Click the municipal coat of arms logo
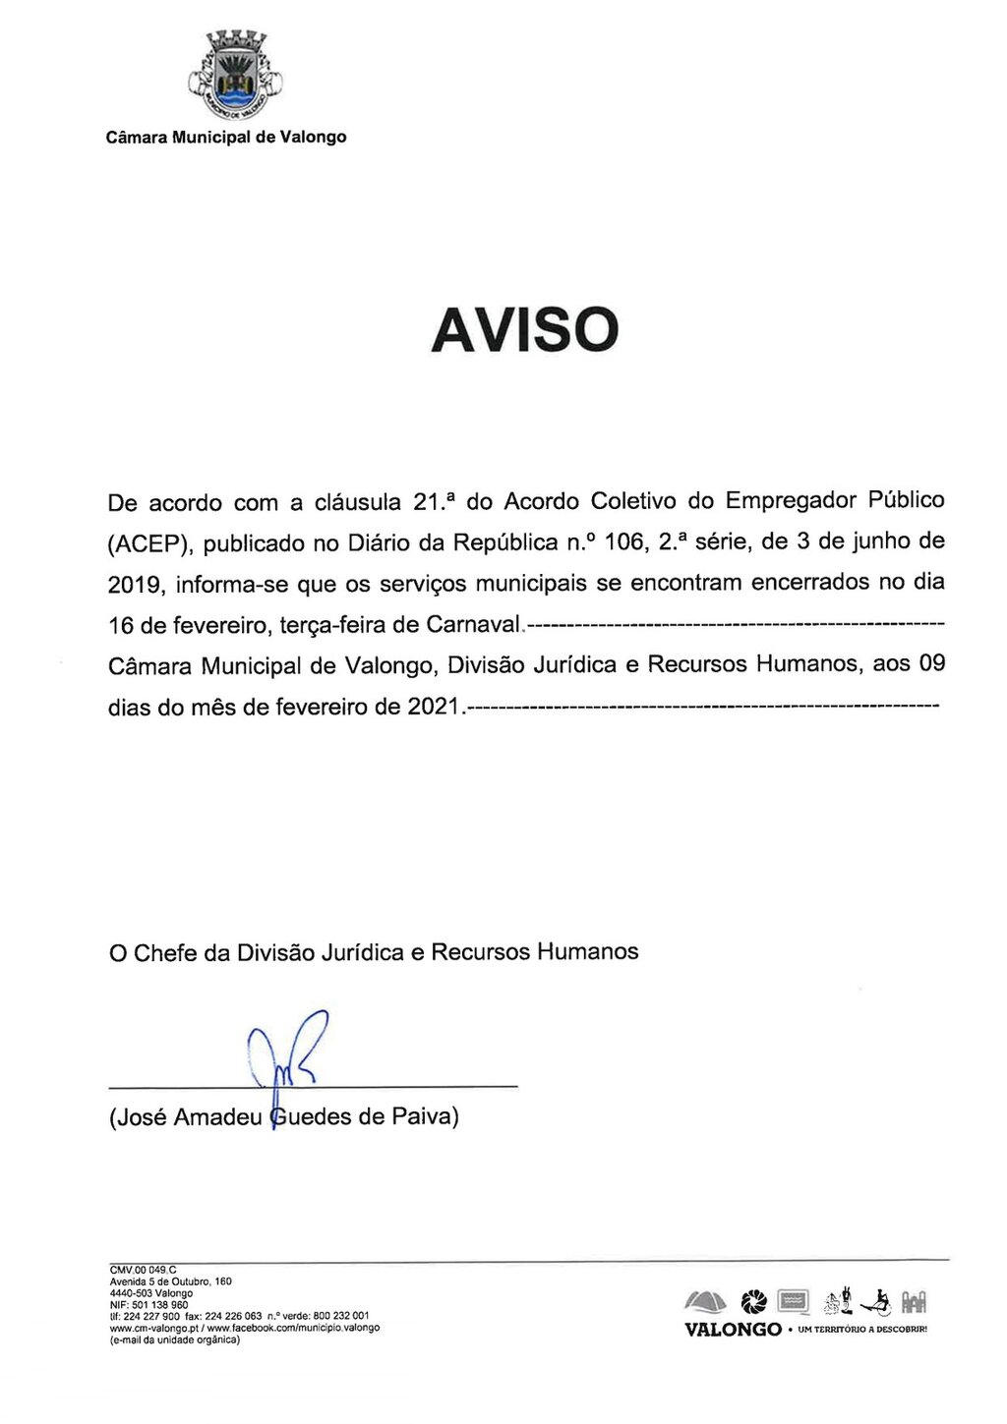(x=235, y=75)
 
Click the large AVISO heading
(x=524, y=329)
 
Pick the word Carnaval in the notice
(x=470, y=625)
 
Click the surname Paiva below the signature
(x=423, y=1117)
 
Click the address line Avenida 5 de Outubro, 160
(x=170, y=1282)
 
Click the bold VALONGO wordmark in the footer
(x=733, y=1330)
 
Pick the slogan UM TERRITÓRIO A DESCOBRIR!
(x=863, y=1331)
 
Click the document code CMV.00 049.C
(x=143, y=1270)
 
